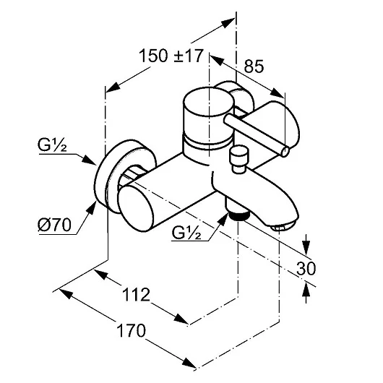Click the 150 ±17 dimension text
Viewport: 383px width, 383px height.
click(x=171, y=56)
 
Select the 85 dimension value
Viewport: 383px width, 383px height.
click(x=254, y=66)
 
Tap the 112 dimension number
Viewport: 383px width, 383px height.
click(x=136, y=295)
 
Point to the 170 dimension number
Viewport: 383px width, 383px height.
click(x=132, y=330)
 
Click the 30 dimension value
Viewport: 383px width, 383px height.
click(x=306, y=268)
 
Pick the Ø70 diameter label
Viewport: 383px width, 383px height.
click(x=54, y=225)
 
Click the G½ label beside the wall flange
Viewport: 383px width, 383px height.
click(x=52, y=145)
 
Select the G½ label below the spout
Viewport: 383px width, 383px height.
click(x=186, y=233)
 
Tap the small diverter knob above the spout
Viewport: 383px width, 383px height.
click(x=238, y=159)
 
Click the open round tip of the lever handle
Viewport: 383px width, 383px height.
click(x=285, y=151)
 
